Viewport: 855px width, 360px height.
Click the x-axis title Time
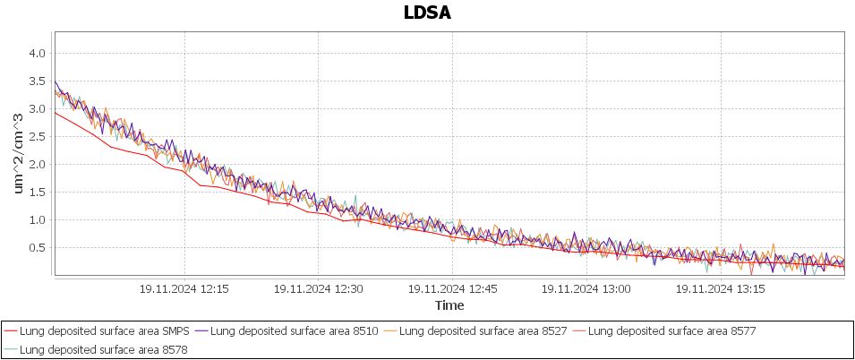(449, 305)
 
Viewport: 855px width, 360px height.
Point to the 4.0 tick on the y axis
(37, 54)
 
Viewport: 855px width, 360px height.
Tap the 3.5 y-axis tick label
(37, 81)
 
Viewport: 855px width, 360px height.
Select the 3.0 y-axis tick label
(37, 109)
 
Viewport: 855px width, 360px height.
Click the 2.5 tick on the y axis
(37, 137)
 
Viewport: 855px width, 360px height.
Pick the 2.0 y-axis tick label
(37, 165)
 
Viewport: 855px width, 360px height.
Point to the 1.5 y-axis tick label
(37, 193)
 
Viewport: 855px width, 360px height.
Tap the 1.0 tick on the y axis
(37, 220)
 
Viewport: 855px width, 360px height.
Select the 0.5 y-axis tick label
(37, 248)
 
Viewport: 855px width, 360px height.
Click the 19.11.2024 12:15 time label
(184, 289)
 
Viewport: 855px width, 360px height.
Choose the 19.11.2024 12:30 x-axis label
(318, 289)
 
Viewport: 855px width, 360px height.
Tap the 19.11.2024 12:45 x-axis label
(452, 289)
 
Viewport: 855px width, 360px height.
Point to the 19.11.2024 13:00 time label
(586, 289)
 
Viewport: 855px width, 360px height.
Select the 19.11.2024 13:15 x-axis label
(721, 289)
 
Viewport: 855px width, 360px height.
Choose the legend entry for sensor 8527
(484, 331)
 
